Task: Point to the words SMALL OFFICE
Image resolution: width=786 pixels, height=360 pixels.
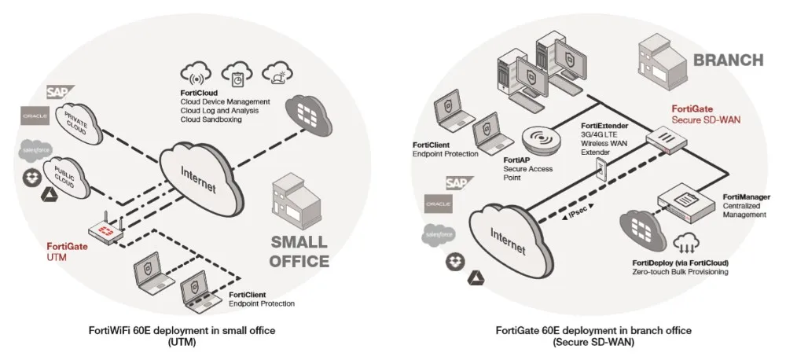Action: [299, 249]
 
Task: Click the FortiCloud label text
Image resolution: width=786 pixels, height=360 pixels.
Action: [197, 93]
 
